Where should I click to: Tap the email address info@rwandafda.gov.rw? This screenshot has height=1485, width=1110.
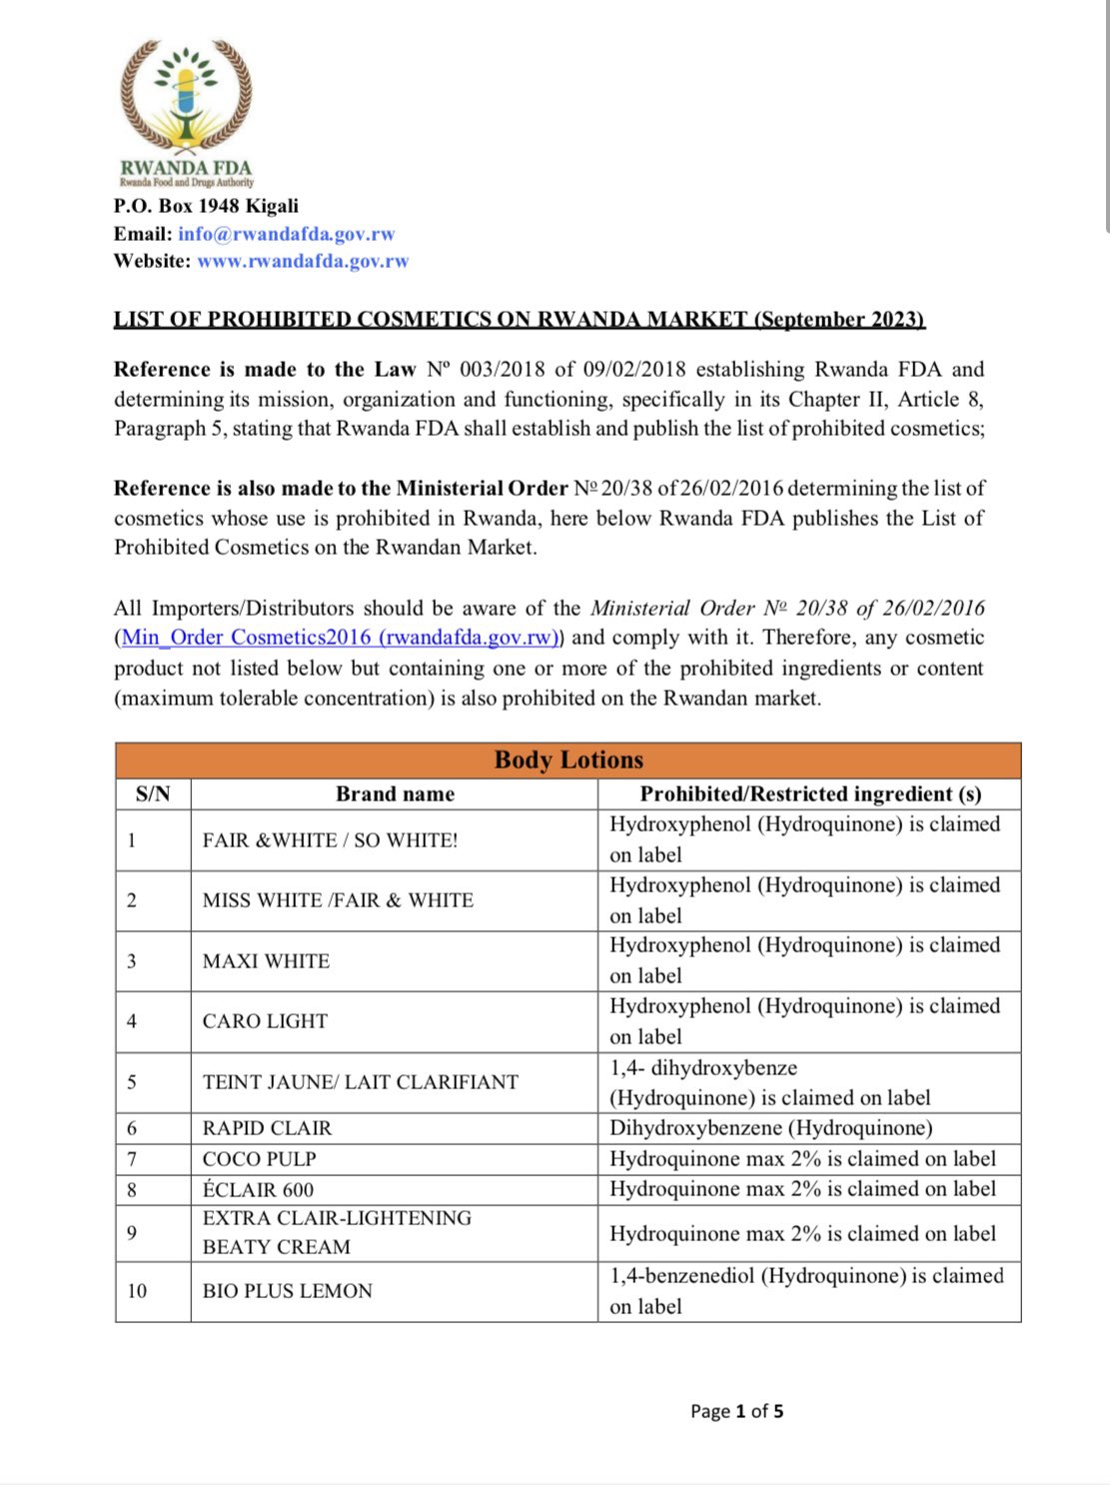(286, 234)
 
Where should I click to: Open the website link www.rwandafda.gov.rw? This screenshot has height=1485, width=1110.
(303, 261)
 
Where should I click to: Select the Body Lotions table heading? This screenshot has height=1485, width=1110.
(568, 759)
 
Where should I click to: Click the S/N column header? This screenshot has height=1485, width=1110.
(153, 793)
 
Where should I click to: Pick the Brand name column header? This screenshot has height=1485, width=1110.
(395, 793)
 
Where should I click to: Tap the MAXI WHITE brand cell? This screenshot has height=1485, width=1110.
(266, 961)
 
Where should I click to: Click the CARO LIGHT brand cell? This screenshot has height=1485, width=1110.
(265, 1021)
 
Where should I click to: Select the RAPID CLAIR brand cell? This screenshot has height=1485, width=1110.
(267, 1128)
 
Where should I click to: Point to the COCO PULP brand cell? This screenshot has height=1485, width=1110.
(259, 1159)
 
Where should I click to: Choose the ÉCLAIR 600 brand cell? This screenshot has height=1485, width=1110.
(258, 1190)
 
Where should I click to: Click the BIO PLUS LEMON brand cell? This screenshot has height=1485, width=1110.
(287, 1291)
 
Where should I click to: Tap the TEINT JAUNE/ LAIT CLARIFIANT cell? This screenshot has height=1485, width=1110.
(360, 1082)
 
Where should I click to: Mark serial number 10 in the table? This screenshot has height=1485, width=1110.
(137, 1291)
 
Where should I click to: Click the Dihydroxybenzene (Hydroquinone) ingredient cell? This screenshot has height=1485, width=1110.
(770, 1128)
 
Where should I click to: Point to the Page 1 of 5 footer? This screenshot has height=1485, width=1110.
(736, 1411)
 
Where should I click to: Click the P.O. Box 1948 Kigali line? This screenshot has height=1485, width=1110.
(206, 206)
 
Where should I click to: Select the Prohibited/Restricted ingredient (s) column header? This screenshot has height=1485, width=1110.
(810, 793)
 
